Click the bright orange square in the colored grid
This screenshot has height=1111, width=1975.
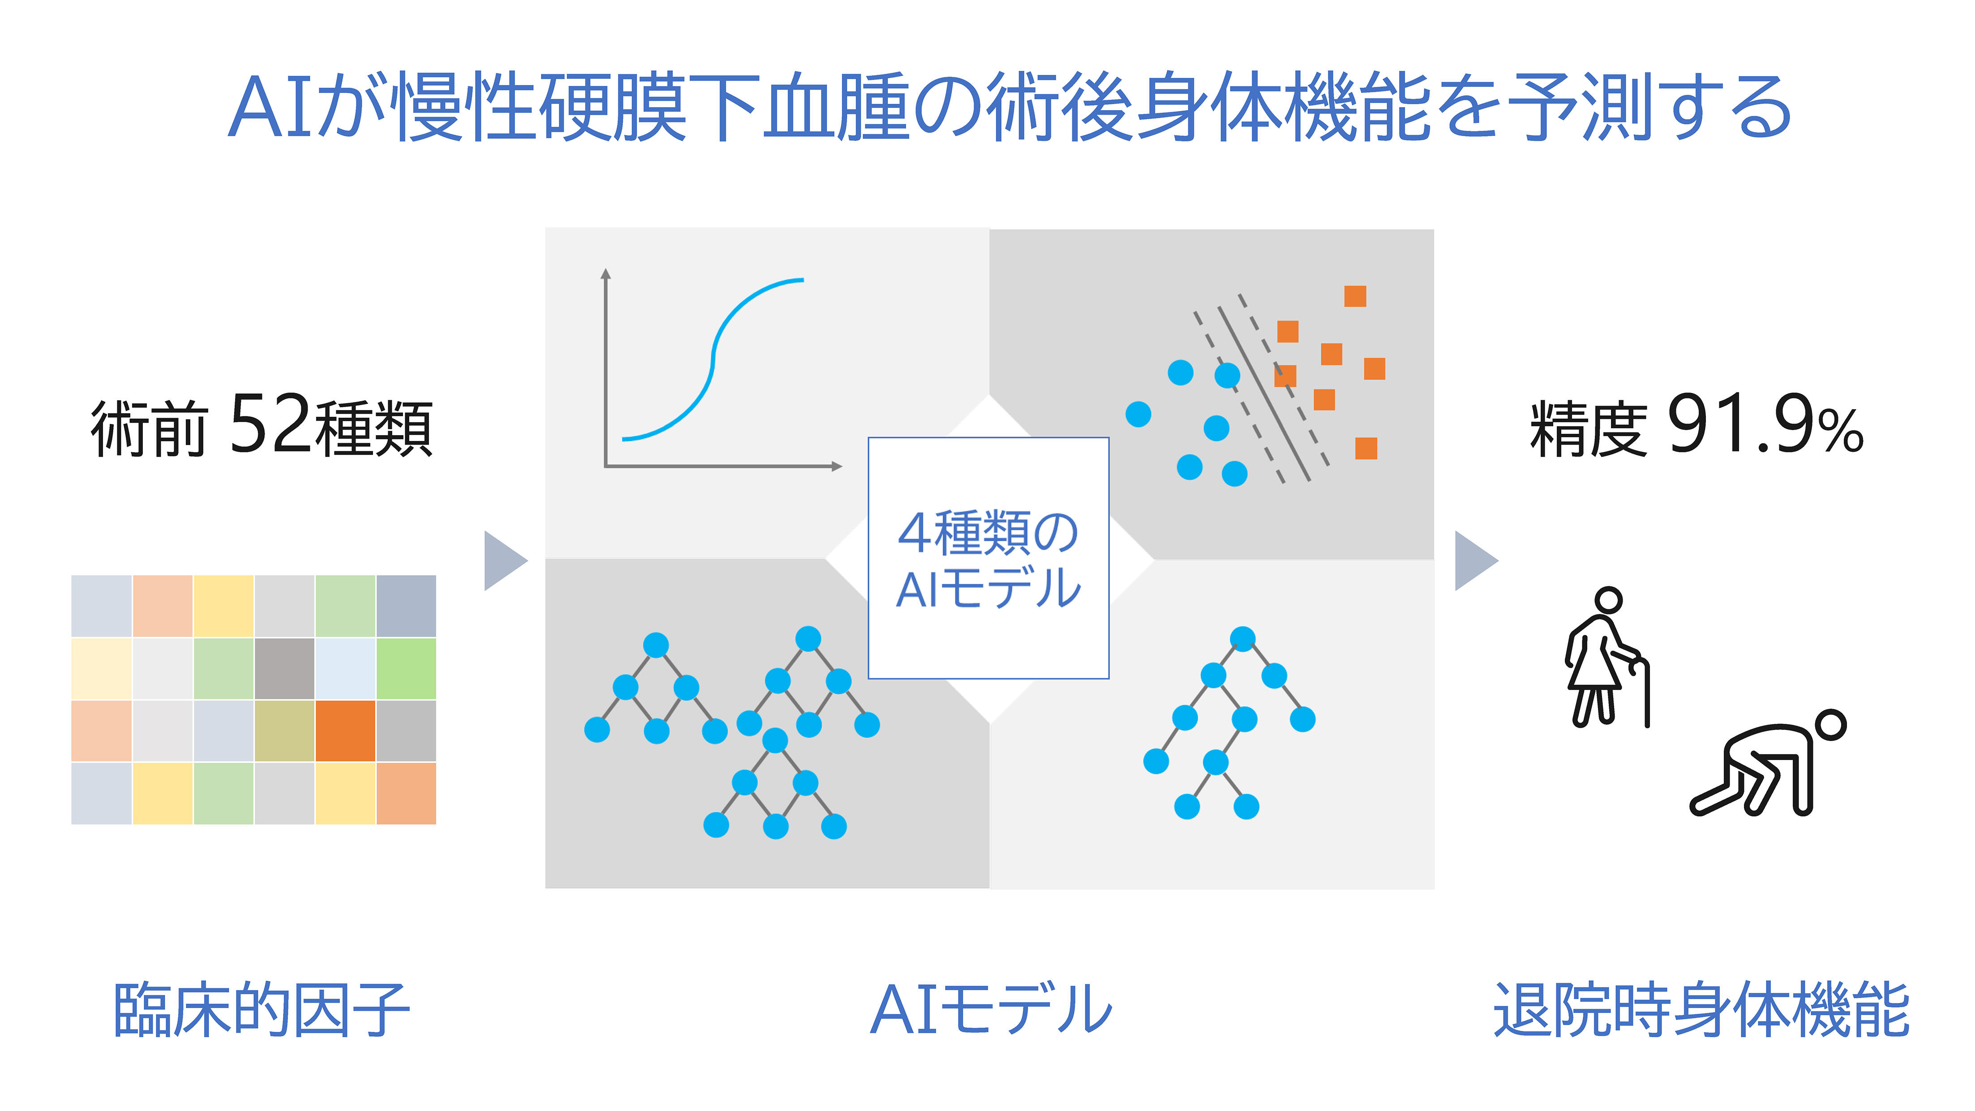345,730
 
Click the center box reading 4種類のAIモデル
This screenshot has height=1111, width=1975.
988,558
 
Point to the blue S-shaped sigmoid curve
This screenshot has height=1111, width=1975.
713,359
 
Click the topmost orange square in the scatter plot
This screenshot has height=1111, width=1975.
1355,296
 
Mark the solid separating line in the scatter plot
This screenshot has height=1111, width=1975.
1264,394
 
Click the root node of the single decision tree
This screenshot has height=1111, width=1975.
1242,639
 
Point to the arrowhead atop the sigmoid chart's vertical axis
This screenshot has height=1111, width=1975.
606,273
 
